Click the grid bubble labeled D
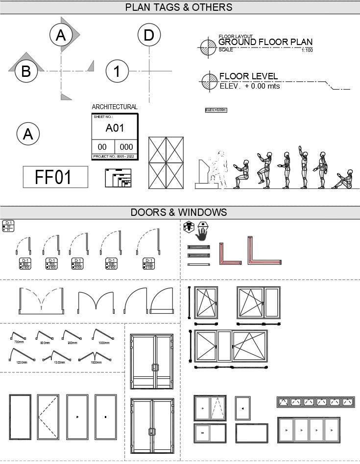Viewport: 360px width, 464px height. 149,35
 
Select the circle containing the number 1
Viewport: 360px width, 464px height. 117,71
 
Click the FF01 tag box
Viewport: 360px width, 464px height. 55,177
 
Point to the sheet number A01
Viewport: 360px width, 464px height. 115,128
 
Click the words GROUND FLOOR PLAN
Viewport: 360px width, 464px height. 265,42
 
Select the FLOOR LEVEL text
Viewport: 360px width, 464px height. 248,76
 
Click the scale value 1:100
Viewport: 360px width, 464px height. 307,50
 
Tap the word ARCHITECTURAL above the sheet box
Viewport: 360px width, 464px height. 115,107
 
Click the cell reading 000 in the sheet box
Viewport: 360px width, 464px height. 126,147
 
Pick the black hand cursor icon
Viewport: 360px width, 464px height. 203,233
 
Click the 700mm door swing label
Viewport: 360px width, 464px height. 19,342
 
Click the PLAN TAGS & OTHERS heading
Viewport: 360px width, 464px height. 179,7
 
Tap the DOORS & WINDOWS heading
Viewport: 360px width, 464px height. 179,212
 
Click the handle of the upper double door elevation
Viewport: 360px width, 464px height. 155,368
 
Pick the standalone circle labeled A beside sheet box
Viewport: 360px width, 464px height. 28,134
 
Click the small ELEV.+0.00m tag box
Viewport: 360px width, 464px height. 216,110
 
